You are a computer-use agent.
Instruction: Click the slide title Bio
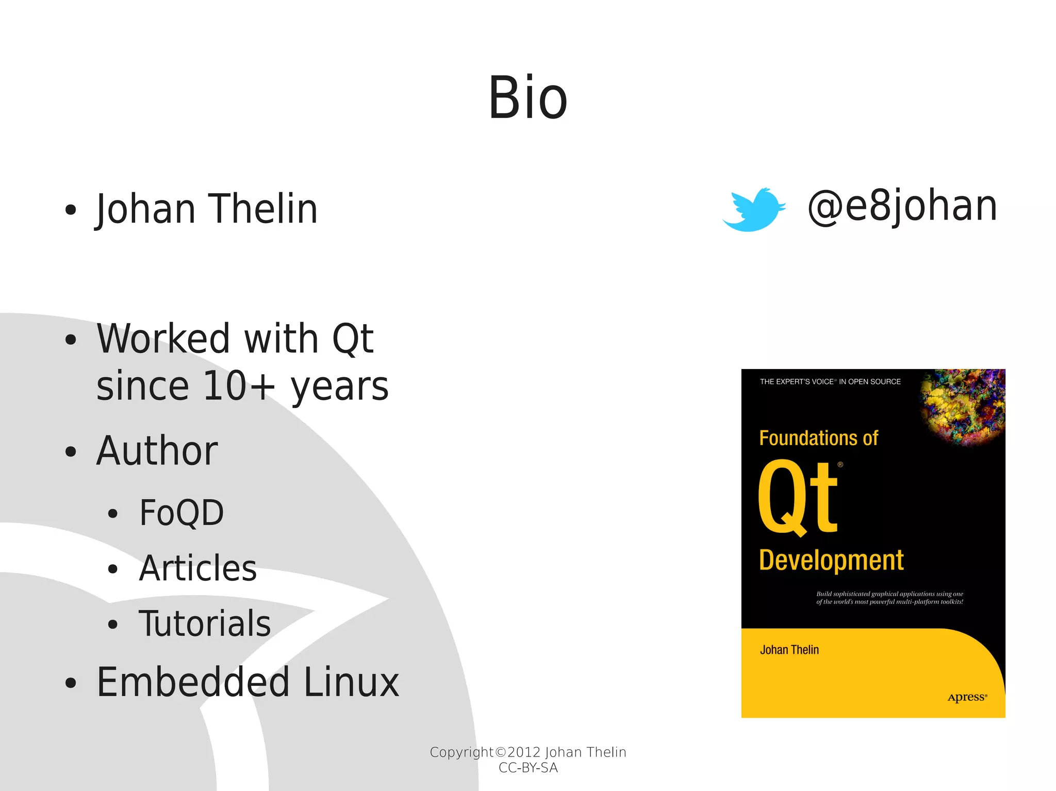pyautogui.click(x=527, y=98)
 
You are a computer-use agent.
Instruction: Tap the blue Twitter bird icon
pyautogui.click(x=753, y=210)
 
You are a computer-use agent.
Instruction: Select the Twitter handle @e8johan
pyautogui.click(x=902, y=206)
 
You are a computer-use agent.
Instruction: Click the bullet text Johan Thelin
pyautogui.click(x=207, y=209)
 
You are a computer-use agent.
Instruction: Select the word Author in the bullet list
pyautogui.click(x=157, y=451)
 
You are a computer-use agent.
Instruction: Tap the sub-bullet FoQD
pyautogui.click(x=181, y=513)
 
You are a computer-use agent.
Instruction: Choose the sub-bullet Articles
pyautogui.click(x=198, y=568)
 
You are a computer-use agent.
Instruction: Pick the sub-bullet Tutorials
pyautogui.click(x=205, y=624)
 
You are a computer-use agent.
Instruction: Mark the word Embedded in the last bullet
pyautogui.click(x=193, y=682)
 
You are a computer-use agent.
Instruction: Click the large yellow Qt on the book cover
pyautogui.click(x=798, y=497)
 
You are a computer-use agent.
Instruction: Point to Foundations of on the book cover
pyautogui.click(x=818, y=438)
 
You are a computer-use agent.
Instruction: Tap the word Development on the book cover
pyautogui.click(x=831, y=561)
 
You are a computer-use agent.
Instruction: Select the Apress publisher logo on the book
pyautogui.click(x=967, y=697)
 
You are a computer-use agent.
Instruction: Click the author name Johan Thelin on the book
pyautogui.click(x=789, y=650)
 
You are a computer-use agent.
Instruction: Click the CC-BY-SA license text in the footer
pyautogui.click(x=528, y=768)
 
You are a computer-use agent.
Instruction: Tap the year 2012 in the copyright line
pyautogui.click(x=523, y=752)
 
